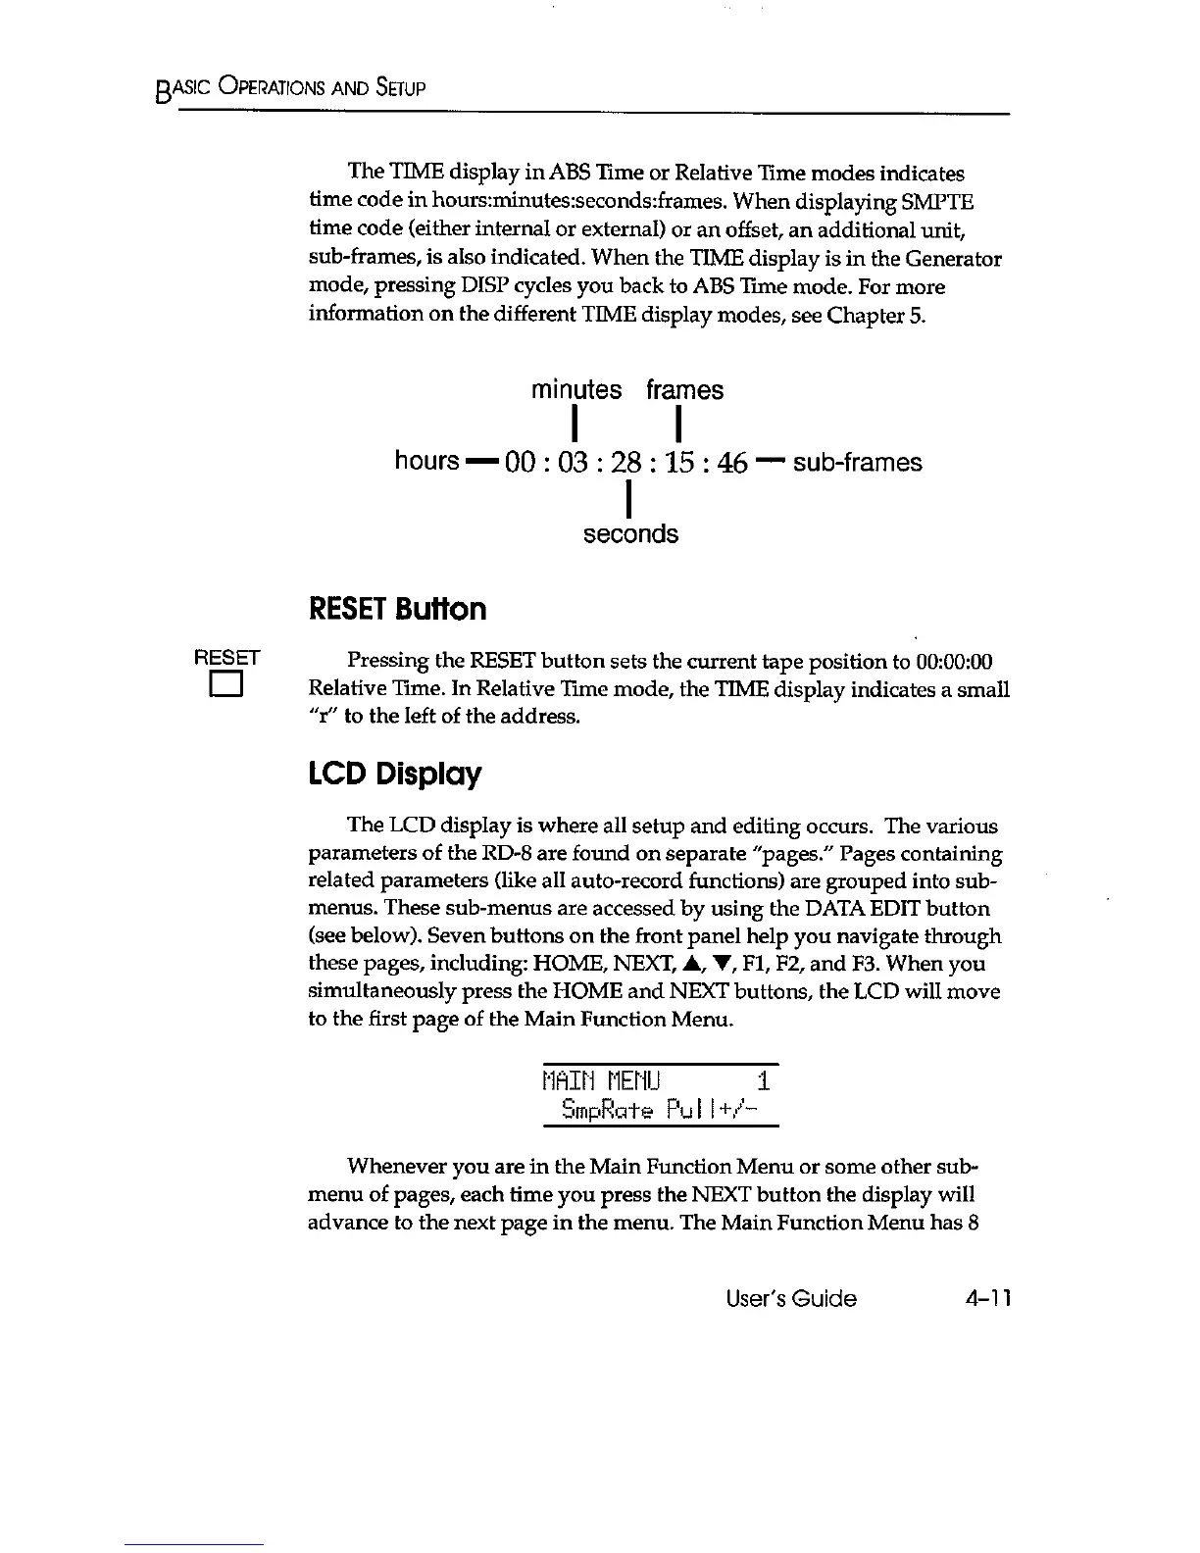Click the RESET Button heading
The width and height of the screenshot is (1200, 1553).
(397, 609)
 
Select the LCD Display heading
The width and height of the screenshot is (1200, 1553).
(394, 775)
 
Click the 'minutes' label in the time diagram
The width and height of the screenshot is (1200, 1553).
(575, 389)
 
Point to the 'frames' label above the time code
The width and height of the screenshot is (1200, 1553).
(684, 389)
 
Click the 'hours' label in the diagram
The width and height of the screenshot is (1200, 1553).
(426, 461)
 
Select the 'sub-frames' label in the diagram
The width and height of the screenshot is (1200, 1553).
(857, 462)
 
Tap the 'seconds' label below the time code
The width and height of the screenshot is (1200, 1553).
(630, 534)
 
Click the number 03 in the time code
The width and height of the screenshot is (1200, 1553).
(572, 462)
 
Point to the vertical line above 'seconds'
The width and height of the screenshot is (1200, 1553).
(626, 502)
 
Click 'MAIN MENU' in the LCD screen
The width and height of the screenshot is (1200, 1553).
(602, 1081)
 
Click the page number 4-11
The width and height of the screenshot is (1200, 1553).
(986, 1299)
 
